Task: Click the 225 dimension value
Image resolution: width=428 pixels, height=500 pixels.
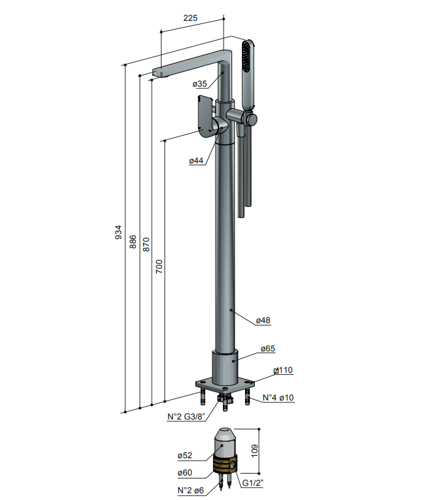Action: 190,18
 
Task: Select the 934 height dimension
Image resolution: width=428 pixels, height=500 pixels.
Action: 119,232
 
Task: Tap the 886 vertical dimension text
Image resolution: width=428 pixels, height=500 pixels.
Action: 133,242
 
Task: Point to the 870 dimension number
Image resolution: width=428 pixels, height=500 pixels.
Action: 146,244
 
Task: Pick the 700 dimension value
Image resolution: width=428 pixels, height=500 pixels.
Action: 159,267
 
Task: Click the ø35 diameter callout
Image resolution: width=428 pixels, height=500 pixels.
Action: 200,84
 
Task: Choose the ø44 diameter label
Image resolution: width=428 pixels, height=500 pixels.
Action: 196,161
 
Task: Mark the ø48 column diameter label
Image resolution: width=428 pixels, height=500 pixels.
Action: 263,320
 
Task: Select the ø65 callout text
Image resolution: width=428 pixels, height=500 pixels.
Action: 268,348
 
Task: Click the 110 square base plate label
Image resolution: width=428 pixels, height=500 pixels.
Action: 283,370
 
